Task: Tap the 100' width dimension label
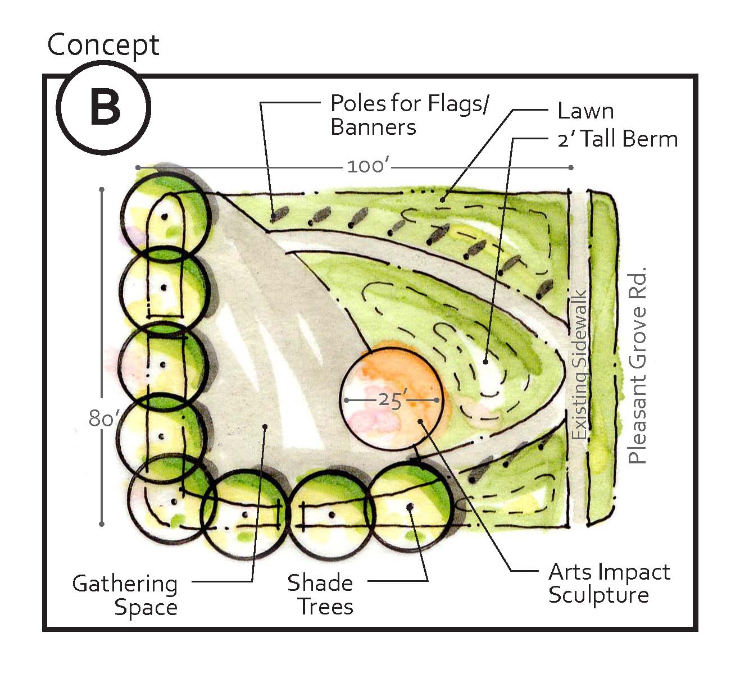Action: point(368,167)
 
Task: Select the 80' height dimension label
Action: point(102,419)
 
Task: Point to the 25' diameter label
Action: point(392,400)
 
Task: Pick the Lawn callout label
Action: point(585,111)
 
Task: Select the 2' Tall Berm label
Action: point(617,139)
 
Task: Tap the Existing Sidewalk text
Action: point(579,365)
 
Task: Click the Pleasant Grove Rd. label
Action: point(637,365)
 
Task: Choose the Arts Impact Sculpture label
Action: point(609,583)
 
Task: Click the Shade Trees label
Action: point(320,595)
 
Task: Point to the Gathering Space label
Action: point(125,595)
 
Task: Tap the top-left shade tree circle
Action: point(166,215)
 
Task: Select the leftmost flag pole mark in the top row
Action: point(279,213)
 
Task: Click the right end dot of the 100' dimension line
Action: point(571,167)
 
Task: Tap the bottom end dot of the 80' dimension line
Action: point(102,524)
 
